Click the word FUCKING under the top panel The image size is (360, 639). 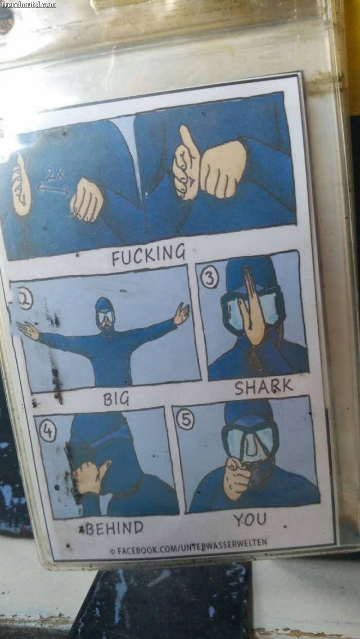[x=148, y=254]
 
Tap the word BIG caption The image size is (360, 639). [x=116, y=399]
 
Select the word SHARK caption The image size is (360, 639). [x=263, y=386]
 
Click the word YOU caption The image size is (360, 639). [x=250, y=519]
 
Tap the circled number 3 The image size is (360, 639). [x=209, y=279]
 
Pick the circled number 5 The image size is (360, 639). [x=185, y=420]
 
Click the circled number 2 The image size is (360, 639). [x=25, y=301]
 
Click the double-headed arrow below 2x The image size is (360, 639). [x=53, y=188]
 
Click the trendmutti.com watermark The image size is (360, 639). [x=29, y=5]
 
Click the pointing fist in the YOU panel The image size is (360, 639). [x=237, y=477]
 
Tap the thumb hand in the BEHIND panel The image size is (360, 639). [x=89, y=476]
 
